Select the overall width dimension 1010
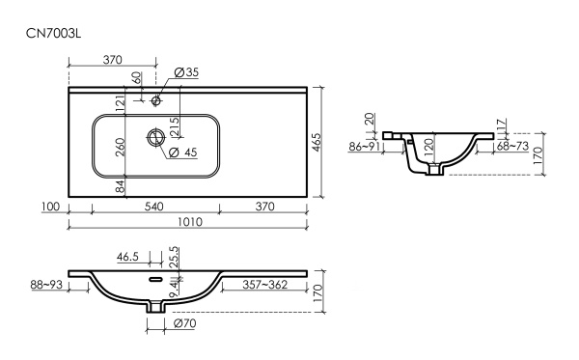pos(190,222)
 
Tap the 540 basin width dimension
pos(154,207)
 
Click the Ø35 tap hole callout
pos(185,72)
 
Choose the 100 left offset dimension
pos(51,207)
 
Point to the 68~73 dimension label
pos(511,147)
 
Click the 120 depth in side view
pos(427,147)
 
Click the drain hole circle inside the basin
pos(154,137)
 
